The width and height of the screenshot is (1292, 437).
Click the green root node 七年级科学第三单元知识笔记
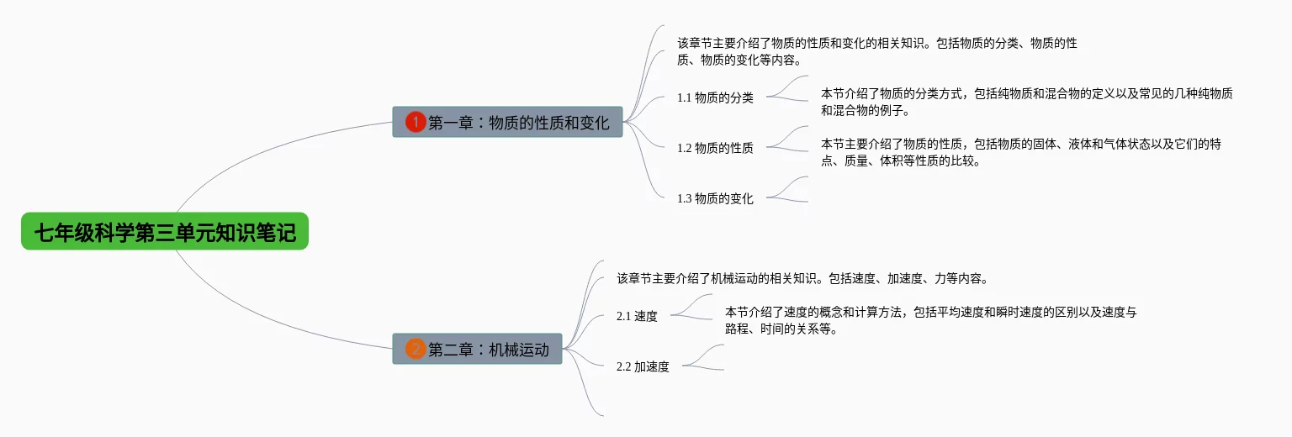(165, 232)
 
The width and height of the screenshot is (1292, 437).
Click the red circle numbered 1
(416, 123)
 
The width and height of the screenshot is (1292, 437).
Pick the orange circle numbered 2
(416, 349)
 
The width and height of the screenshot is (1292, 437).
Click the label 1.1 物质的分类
(715, 97)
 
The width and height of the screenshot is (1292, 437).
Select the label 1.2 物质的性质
(715, 148)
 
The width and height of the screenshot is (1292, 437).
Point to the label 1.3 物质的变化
(715, 198)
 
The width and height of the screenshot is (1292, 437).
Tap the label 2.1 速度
(637, 316)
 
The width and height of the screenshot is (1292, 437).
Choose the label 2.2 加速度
(643, 366)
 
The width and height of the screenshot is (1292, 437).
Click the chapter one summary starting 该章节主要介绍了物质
(876, 51)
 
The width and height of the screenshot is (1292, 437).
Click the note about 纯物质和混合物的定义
(1026, 102)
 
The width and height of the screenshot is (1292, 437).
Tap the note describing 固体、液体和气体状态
(1020, 152)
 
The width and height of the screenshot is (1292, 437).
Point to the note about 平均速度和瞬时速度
(930, 320)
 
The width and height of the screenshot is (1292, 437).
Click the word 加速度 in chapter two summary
(905, 278)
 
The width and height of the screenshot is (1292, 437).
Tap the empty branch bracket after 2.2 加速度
(707, 358)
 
